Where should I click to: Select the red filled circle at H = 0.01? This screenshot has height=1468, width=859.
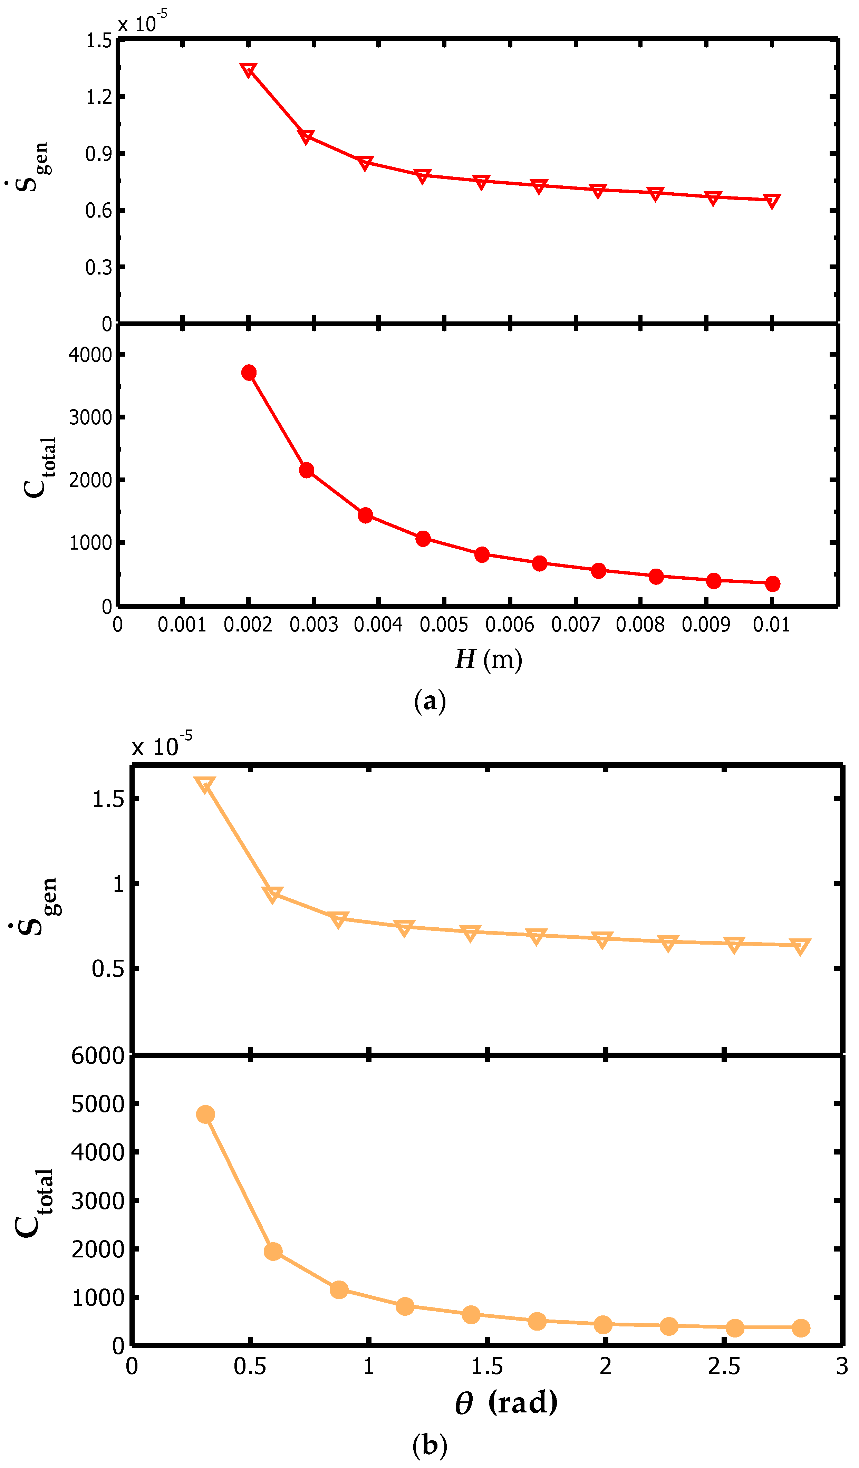pos(772,584)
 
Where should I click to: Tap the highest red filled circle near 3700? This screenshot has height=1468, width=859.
pos(249,373)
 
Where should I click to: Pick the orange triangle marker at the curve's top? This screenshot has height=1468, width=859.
pos(205,785)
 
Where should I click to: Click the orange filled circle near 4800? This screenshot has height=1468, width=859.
pos(205,1114)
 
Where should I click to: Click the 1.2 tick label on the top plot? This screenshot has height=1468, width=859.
pos(99,97)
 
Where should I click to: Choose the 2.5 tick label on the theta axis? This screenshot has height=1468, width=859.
pos(724,1366)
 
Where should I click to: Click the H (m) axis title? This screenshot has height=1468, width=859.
pos(488,659)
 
